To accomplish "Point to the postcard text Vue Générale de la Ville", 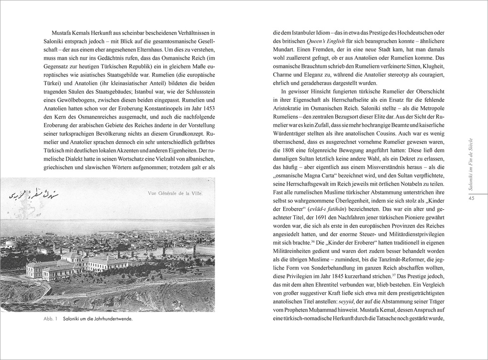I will (x=175, y=193).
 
